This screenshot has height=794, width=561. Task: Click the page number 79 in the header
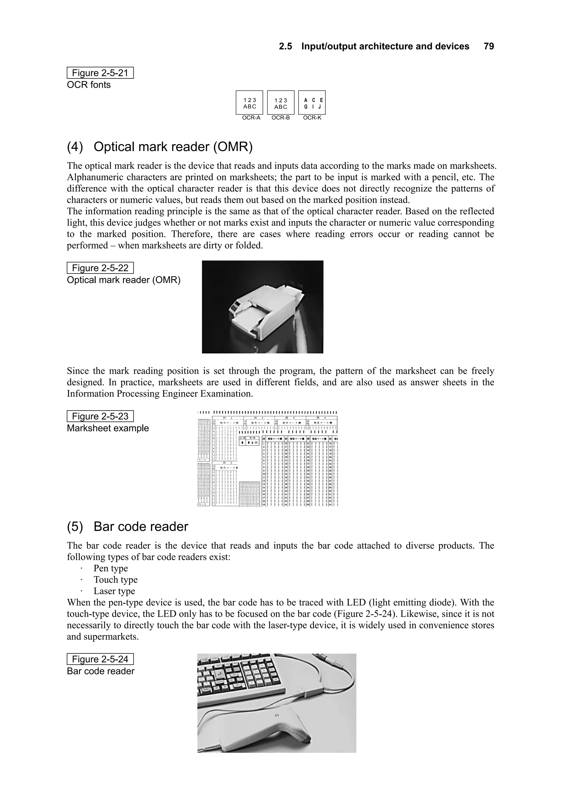point(489,46)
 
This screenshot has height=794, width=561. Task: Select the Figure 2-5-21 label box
point(100,73)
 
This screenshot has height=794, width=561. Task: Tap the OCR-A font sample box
point(249,103)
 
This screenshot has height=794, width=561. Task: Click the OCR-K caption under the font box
point(312,118)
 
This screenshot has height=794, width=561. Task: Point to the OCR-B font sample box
point(281,103)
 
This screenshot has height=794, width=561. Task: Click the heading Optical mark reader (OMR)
point(160,147)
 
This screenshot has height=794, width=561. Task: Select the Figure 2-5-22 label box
point(100,268)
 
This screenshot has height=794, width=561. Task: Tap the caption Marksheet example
point(107,428)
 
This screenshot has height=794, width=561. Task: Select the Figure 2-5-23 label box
point(100,416)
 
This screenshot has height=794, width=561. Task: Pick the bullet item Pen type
point(111,568)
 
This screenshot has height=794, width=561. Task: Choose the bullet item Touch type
point(115,580)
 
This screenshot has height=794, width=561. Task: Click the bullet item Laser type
point(114,591)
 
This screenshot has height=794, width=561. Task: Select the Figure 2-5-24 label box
point(100,659)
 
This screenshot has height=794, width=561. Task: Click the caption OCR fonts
point(88,85)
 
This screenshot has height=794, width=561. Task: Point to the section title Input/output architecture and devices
point(385,46)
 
